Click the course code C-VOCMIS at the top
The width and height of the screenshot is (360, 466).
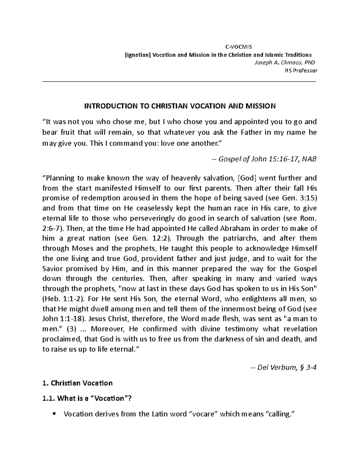point(239,47)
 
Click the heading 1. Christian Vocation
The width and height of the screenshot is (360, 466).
point(78,383)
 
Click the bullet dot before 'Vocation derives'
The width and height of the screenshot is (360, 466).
point(54,414)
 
